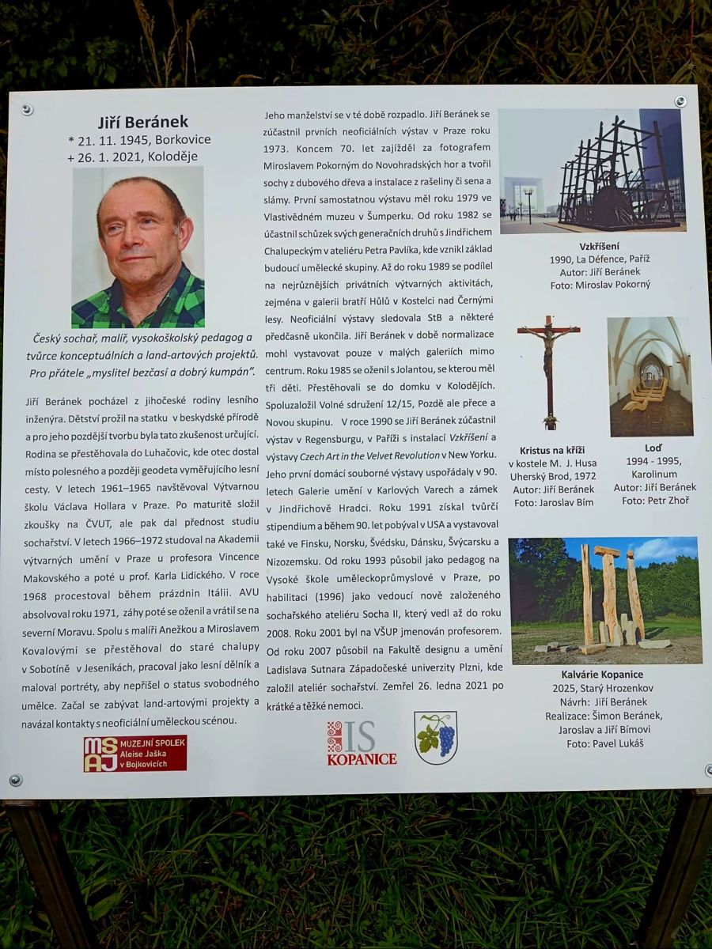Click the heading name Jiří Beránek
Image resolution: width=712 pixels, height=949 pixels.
point(143,121)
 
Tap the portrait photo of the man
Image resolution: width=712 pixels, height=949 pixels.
point(138,247)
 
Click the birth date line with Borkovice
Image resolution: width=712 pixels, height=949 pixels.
point(140,139)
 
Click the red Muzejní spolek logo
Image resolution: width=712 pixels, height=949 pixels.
point(135,753)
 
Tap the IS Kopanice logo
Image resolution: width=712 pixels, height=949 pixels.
point(362,743)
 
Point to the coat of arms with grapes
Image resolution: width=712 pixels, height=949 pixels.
point(436,737)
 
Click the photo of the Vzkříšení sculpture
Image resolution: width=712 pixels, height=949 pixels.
point(592,170)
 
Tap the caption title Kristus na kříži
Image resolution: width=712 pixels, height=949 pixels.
point(552,450)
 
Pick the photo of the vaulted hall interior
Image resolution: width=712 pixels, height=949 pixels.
point(650,376)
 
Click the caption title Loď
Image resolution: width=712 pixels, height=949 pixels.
point(653,448)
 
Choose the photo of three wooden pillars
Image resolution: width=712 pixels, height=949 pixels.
point(605,599)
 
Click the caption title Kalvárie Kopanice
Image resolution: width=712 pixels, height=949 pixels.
point(605,675)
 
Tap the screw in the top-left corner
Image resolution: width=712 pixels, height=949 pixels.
point(27,109)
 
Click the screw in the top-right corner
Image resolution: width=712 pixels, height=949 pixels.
point(680,102)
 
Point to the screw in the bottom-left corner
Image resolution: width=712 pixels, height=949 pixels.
point(16,779)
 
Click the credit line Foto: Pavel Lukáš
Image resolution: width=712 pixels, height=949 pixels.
point(605,743)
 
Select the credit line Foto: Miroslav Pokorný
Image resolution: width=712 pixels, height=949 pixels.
point(601,284)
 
